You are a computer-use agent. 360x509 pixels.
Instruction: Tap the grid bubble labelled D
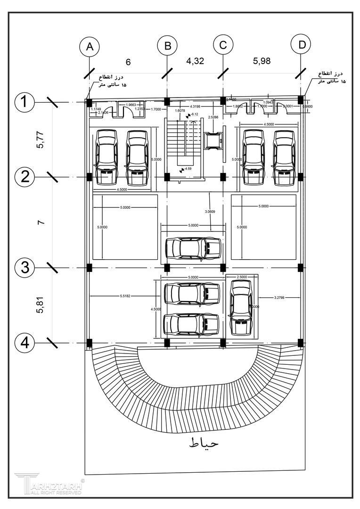(x=302, y=45)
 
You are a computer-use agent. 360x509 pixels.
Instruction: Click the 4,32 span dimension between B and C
(x=195, y=61)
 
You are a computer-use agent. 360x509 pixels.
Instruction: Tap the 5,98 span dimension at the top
(x=262, y=61)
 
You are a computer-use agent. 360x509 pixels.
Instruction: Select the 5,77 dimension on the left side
(x=40, y=140)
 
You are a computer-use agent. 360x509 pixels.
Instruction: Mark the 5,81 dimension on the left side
(x=40, y=305)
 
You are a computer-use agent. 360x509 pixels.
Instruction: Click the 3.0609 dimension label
(x=211, y=212)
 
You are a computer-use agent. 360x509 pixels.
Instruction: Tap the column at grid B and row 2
(x=166, y=177)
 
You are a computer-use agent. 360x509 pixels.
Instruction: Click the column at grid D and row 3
(x=301, y=268)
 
